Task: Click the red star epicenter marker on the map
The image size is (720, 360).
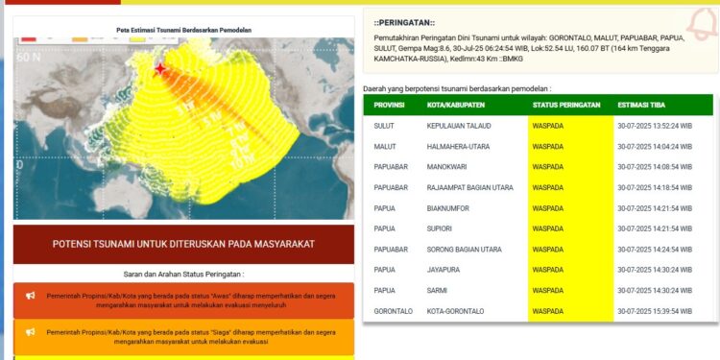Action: click(160, 69)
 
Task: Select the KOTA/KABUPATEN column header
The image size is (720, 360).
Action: click(456, 106)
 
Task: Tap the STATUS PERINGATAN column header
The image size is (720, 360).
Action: click(566, 106)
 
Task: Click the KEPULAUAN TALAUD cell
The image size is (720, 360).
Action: click(460, 126)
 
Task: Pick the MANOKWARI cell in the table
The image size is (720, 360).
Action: click(448, 167)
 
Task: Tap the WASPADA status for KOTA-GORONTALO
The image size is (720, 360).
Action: click(548, 311)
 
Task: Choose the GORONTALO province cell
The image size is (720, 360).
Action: click(395, 311)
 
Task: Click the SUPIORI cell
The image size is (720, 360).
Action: click(442, 228)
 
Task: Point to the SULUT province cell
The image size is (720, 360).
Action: click(385, 126)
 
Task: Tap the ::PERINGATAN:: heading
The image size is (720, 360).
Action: click(404, 21)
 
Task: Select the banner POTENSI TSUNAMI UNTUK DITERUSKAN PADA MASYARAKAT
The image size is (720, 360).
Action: click(183, 244)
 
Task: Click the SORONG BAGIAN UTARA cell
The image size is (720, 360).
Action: click(465, 250)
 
